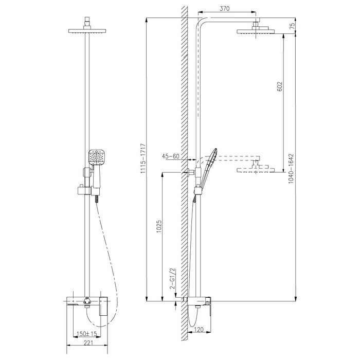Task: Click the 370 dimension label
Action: [225, 9]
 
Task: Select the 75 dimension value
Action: [292, 26]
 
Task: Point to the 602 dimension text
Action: [280, 86]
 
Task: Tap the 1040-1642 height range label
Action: [291, 169]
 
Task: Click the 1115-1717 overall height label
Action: [143, 158]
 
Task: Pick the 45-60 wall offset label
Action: [170, 156]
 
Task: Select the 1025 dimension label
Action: [159, 227]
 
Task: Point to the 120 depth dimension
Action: [199, 330]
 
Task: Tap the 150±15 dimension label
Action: [87, 334]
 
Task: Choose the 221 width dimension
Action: [88, 343]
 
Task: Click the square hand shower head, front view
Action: [97, 157]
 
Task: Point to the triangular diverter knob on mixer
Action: [87, 300]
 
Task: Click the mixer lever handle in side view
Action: [208, 304]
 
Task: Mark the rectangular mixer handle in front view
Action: [103, 306]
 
